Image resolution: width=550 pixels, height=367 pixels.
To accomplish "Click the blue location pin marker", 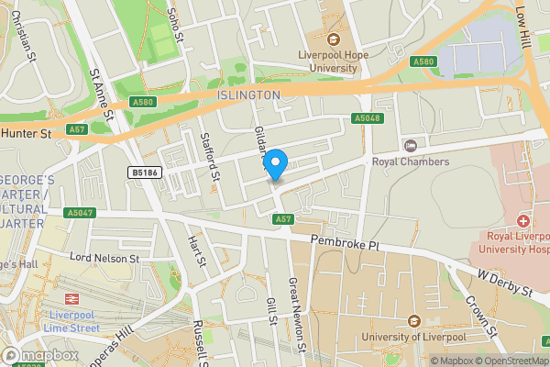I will click(275, 162).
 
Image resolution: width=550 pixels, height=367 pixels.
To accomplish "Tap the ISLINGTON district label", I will click(248, 95).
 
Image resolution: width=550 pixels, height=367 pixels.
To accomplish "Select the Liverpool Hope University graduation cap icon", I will click(333, 39).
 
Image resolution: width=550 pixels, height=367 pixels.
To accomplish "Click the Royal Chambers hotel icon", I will click(410, 146).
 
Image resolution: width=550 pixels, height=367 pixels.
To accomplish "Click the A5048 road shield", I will click(366, 118).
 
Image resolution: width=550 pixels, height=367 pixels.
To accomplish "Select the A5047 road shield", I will click(80, 212).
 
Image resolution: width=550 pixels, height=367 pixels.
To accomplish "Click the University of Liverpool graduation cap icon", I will click(413, 320).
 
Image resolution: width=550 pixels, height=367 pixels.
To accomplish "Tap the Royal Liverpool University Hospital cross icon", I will click(523, 221).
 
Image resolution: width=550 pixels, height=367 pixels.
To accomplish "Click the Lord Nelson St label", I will click(104, 259).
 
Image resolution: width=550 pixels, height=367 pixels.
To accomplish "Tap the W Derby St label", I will click(503, 284).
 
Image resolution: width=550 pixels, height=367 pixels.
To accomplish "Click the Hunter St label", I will click(26, 134).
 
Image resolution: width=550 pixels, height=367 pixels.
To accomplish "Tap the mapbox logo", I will click(39, 355).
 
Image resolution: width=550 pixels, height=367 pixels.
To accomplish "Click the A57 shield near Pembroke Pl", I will click(283, 219).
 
